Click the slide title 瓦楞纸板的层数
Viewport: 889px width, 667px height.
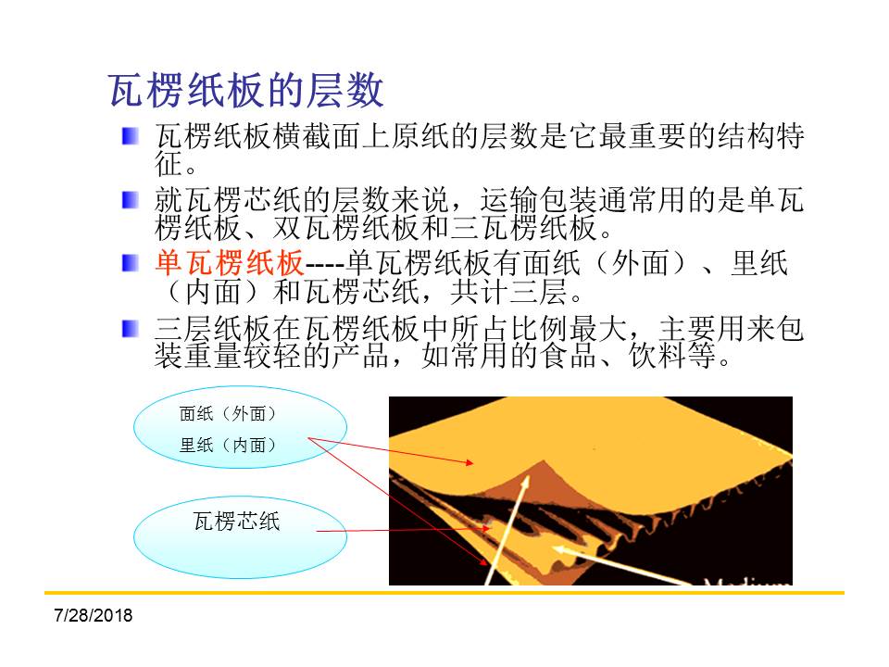pos(246,90)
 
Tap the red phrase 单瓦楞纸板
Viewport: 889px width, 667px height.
pos(230,263)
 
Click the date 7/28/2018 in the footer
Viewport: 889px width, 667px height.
pos(93,615)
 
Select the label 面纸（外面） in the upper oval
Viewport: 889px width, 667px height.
pos(228,413)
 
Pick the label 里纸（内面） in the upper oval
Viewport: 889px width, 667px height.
pos(228,445)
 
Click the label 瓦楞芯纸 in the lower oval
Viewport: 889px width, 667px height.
pos(236,521)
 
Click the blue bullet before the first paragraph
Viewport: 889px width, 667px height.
pos(131,136)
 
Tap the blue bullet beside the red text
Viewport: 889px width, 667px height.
pos(131,263)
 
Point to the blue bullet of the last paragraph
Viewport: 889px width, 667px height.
pos(131,328)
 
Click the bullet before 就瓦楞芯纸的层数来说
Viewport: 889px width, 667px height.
pos(131,200)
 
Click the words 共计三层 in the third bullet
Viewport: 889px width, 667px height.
pos(508,292)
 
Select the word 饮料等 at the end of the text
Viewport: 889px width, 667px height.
pos(672,356)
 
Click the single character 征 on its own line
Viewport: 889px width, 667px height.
pos(169,164)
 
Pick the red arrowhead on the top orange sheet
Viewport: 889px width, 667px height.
pos(469,462)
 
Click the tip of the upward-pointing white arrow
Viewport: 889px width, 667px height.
pos(527,477)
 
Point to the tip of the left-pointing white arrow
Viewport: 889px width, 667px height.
pos(554,547)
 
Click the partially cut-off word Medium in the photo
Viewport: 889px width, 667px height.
pos(747,581)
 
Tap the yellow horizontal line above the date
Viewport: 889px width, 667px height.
pos(444,593)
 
